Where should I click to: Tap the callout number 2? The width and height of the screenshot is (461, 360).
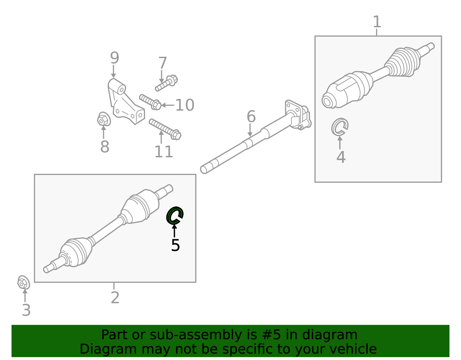pos(115,298)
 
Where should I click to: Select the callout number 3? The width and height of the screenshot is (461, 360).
pos(26,310)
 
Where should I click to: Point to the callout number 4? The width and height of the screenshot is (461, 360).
pos(341,157)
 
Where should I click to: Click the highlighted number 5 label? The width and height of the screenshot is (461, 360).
pos(175,245)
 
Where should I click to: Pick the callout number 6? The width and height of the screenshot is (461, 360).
pos(251,116)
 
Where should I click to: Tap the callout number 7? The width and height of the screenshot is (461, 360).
pos(163,63)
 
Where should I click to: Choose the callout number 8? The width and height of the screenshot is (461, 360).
pos(105,146)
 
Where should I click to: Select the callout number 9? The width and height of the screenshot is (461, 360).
pos(115,58)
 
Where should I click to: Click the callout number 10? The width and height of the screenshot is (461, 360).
pos(185,105)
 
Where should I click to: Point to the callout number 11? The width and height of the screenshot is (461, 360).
pos(164,152)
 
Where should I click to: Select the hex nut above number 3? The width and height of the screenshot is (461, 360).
pos(23,282)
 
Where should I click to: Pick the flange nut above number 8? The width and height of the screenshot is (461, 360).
pos(104,119)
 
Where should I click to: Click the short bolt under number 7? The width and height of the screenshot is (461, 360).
pos(166,83)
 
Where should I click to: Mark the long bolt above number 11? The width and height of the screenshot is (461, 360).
pos(165,129)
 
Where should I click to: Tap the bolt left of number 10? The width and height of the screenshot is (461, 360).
pos(150,102)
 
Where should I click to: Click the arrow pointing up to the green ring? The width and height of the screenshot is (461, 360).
pos(174,231)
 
